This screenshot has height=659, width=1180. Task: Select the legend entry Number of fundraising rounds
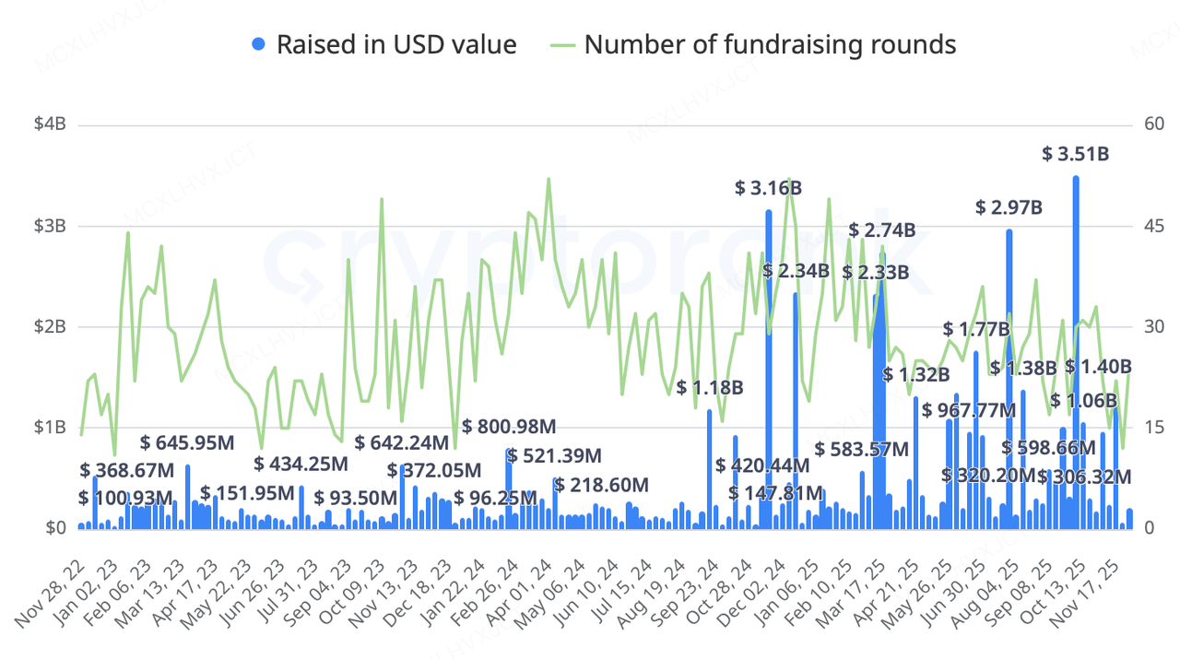756,43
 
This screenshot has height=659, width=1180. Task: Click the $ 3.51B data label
1075,154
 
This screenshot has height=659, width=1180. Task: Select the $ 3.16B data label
768,188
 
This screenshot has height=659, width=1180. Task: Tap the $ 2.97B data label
1009,207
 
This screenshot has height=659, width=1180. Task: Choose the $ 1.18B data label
710,387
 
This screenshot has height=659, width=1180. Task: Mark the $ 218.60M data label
602,485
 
